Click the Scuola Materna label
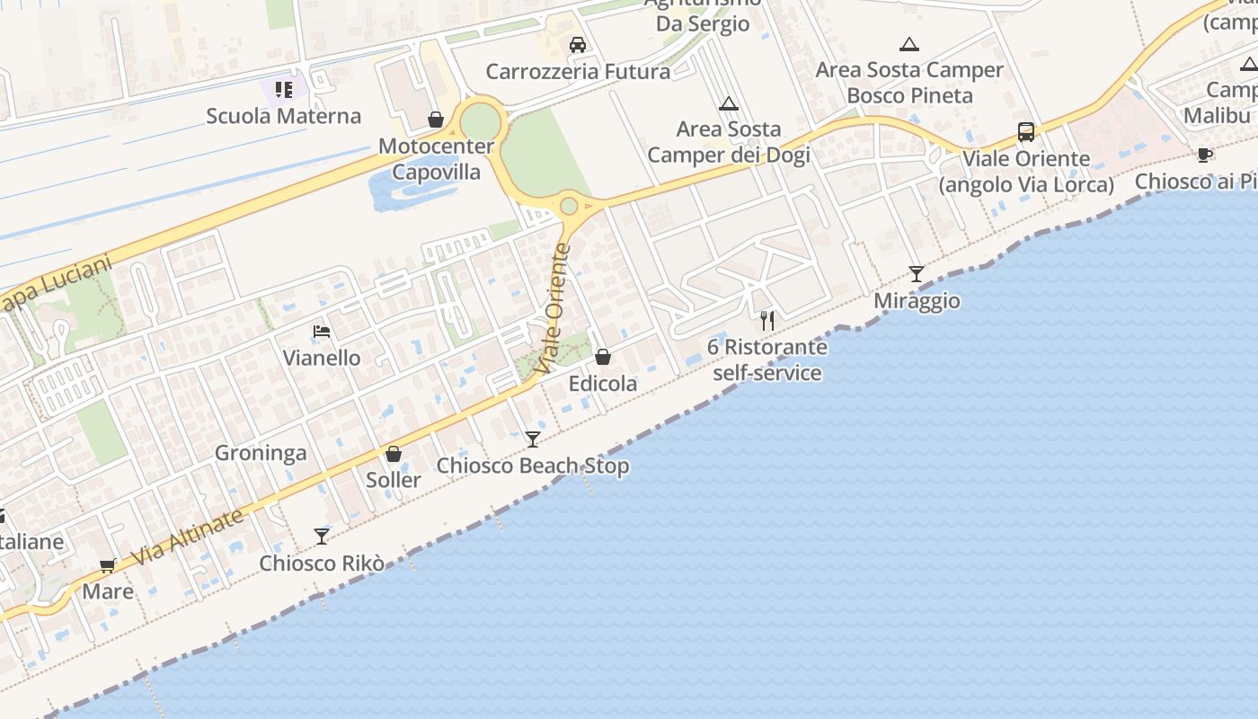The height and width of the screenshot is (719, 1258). (x=283, y=116)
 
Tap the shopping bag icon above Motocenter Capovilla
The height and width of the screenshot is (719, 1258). (x=436, y=120)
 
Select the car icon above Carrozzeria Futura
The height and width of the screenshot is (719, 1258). (x=578, y=45)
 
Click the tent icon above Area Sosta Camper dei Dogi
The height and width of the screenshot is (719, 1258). (x=729, y=103)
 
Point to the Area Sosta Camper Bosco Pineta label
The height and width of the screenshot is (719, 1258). (x=909, y=83)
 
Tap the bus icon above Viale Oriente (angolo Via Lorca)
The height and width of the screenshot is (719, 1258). (x=1026, y=132)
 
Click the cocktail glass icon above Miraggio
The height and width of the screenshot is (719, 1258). (x=916, y=274)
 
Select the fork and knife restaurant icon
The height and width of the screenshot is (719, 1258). (x=767, y=320)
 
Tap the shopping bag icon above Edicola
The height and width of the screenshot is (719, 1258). (x=603, y=358)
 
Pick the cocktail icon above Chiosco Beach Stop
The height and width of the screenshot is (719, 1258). (x=533, y=439)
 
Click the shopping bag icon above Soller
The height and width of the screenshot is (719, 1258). (x=394, y=454)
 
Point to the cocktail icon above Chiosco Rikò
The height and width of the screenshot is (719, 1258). (x=322, y=537)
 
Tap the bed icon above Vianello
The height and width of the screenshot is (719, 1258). (x=322, y=332)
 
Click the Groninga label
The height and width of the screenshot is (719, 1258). (x=261, y=453)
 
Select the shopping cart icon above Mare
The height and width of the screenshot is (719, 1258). (x=108, y=565)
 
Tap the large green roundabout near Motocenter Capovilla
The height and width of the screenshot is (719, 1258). (x=481, y=121)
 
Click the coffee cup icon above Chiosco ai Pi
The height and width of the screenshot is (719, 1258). (x=1205, y=155)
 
